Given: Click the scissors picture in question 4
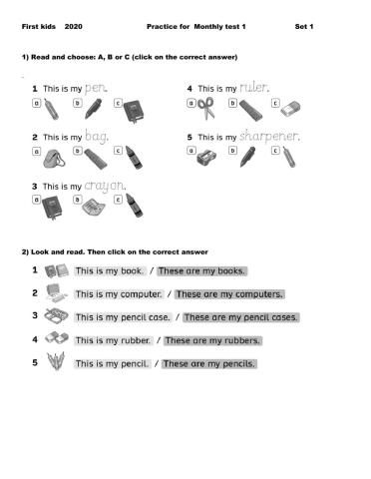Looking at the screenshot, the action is pyautogui.click(x=204, y=105).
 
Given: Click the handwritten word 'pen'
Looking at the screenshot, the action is pyautogui.click(x=94, y=87).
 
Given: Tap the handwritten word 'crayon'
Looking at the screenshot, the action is pyautogui.click(x=105, y=185).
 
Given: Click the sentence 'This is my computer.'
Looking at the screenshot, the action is pyautogui.click(x=119, y=294).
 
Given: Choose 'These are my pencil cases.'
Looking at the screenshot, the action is pyautogui.click(x=240, y=318).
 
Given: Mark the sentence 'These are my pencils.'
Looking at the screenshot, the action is pyautogui.click(x=208, y=364).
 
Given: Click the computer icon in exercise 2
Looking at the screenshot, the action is pyautogui.click(x=57, y=293).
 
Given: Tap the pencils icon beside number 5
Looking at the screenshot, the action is pyautogui.click(x=57, y=363).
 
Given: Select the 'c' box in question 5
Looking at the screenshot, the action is pyautogui.click(x=270, y=153).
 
